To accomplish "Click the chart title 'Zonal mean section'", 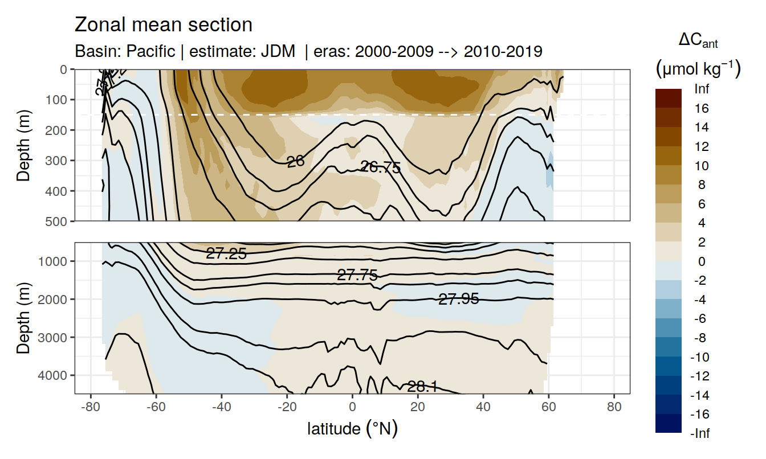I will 163,25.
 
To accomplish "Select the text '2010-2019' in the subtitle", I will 503,52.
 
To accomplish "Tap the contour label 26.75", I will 381,167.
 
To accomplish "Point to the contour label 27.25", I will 226,255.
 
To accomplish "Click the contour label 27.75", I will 357,276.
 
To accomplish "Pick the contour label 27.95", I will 458,298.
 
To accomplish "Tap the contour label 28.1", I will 422,387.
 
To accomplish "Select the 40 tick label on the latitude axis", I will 483,407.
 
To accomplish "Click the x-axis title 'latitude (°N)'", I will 352,428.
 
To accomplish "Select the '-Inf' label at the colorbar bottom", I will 701,434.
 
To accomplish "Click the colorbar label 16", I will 702,108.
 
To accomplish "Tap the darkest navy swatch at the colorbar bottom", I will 669,424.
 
